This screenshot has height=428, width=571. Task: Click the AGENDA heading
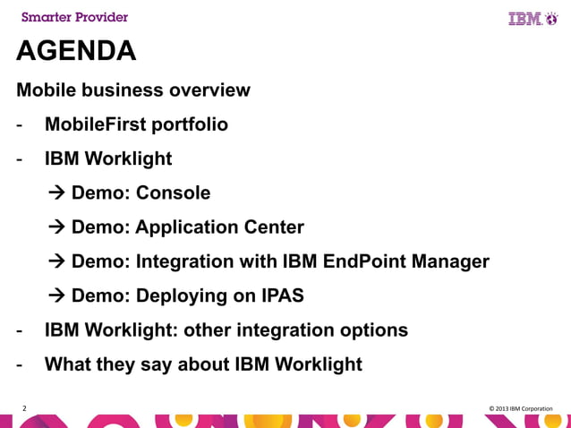click(76, 52)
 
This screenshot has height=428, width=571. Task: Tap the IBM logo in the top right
click(533, 18)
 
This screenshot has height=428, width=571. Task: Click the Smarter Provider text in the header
click(74, 17)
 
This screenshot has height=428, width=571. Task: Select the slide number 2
click(24, 409)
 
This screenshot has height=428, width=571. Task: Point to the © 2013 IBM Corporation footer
click(521, 409)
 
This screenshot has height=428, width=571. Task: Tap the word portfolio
click(192, 124)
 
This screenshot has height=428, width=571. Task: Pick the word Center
click(274, 227)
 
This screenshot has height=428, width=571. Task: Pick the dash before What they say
click(18, 364)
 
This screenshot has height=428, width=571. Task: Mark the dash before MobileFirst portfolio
click(18, 124)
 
